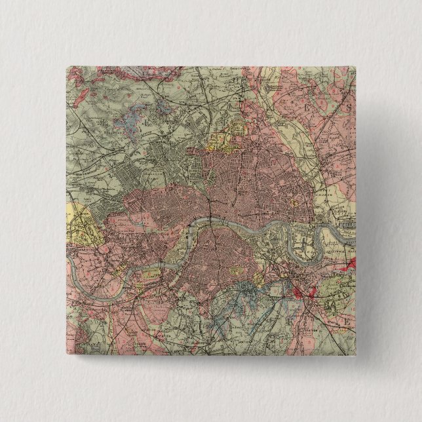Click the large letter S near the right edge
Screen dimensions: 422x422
click(x=349, y=105)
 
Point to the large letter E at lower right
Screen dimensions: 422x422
click(x=345, y=323)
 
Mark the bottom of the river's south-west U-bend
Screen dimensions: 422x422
click(x=88, y=291)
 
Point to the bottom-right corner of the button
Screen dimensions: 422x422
click(x=356, y=356)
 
